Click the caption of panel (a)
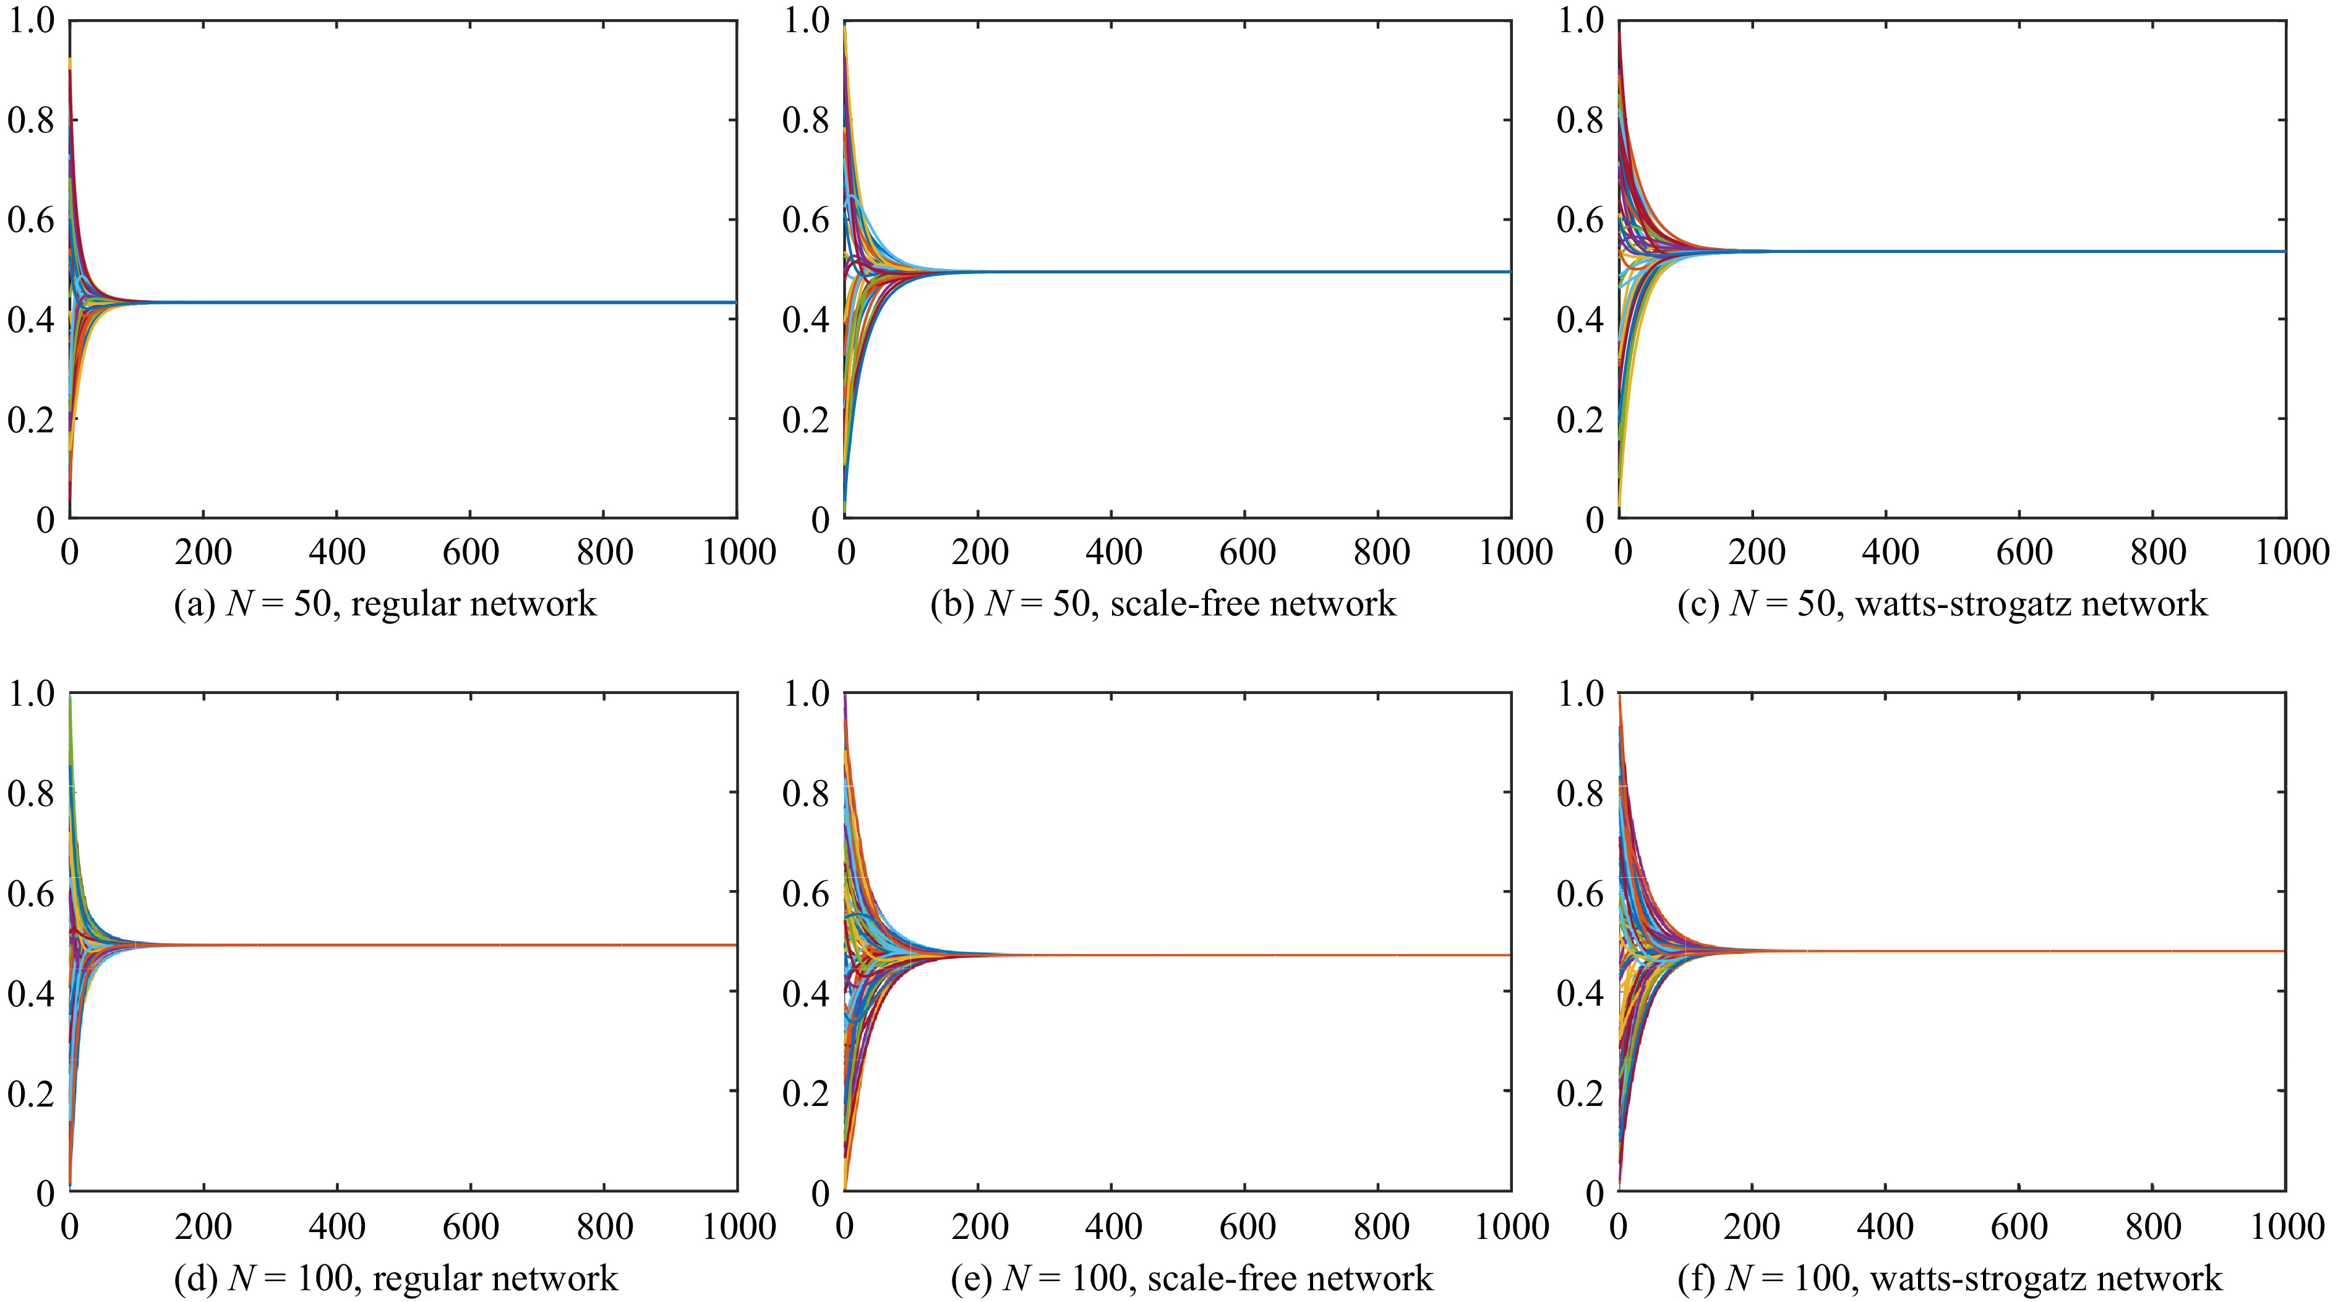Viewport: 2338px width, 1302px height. (x=385, y=603)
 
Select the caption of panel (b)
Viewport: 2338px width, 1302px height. (x=1163, y=603)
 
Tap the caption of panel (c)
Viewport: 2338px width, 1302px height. (x=1942, y=603)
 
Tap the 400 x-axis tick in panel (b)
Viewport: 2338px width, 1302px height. (x=1113, y=552)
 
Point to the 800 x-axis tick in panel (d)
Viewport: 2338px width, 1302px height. (x=604, y=1227)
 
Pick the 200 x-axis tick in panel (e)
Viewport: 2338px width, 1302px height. (x=980, y=1227)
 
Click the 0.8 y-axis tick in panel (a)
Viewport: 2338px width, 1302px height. (x=31, y=120)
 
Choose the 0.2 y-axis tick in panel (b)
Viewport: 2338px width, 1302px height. (x=806, y=420)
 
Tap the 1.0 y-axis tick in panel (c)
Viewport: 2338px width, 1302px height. (x=1580, y=20)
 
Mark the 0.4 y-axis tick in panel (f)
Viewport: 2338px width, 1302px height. (x=1580, y=993)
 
